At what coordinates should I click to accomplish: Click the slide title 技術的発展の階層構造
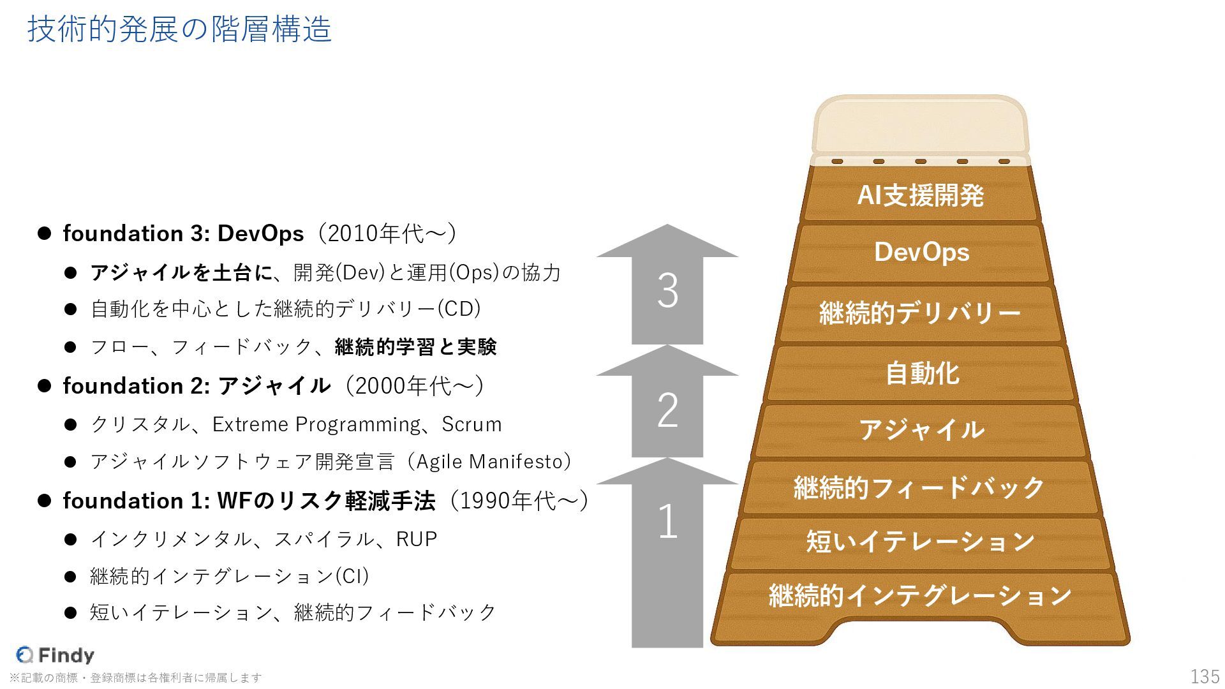(x=179, y=29)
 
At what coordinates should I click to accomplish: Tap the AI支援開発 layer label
(x=921, y=195)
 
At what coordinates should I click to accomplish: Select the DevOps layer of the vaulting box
(x=921, y=253)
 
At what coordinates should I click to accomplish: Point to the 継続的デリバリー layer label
(x=920, y=313)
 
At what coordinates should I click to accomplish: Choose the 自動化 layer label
(x=922, y=373)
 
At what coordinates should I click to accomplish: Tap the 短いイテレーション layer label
(x=920, y=542)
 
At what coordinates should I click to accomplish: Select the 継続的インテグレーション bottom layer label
(x=920, y=596)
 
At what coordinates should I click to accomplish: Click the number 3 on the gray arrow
(x=667, y=292)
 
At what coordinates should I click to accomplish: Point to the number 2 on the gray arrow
(x=667, y=410)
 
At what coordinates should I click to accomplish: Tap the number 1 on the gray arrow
(x=667, y=521)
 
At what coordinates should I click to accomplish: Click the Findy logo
(x=56, y=655)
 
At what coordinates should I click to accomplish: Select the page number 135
(x=1205, y=676)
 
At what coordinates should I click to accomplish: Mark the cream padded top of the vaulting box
(x=920, y=128)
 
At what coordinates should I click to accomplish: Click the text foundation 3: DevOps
(x=183, y=233)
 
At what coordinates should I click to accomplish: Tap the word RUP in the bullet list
(x=417, y=539)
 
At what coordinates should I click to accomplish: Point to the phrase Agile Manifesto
(x=490, y=461)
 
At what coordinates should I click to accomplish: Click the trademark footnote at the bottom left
(x=136, y=678)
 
